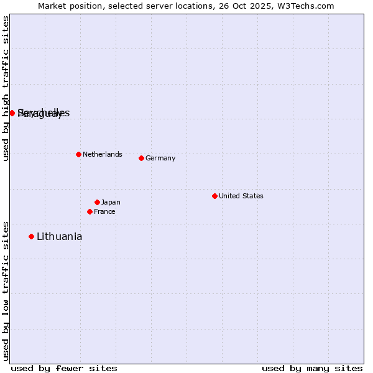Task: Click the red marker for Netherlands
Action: (x=78, y=154)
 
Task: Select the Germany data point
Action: (x=141, y=158)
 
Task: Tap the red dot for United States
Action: (x=214, y=196)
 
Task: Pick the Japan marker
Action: (x=97, y=202)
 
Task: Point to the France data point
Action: (x=90, y=211)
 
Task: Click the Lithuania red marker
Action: (x=31, y=236)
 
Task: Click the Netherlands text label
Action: (x=103, y=154)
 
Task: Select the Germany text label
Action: (x=160, y=158)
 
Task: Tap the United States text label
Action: (x=241, y=196)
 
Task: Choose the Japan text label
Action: (x=111, y=202)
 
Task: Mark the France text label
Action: (x=104, y=211)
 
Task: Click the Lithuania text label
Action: (x=60, y=236)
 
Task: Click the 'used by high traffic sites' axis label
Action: (x=6, y=88)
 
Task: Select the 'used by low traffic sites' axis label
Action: (x=6, y=291)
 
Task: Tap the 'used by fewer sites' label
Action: (x=64, y=368)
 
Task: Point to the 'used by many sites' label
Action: (x=312, y=368)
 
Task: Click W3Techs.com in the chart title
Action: (x=305, y=6)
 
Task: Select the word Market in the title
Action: (x=52, y=6)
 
